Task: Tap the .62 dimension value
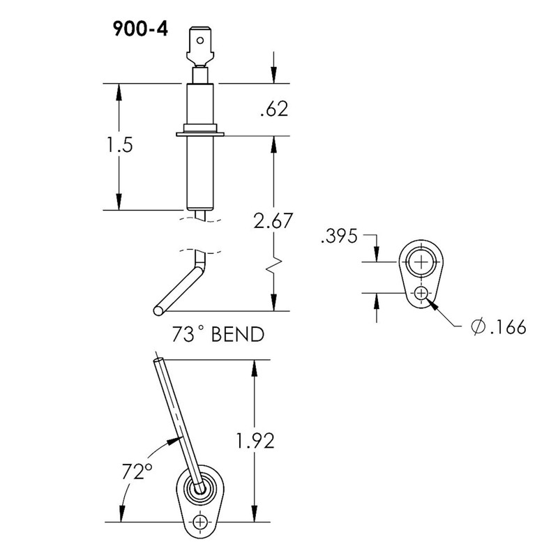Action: point(273,110)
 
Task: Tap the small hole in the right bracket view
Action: point(421,294)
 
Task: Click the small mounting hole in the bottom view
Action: point(202,522)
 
